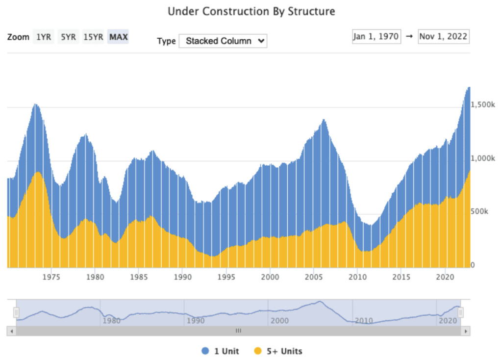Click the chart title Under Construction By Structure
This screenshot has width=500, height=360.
(251, 11)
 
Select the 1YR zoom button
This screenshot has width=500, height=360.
(43, 37)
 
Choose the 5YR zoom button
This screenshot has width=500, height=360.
(68, 37)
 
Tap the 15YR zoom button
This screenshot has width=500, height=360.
(93, 37)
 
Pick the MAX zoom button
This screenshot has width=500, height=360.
(118, 37)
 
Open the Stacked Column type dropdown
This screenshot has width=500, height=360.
(223, 41)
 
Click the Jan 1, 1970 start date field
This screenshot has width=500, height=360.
(376, 37)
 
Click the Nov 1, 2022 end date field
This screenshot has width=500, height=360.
(444, 37)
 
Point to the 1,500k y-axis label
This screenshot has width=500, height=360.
(483, 105)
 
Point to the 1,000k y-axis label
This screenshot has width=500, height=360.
(483, 159)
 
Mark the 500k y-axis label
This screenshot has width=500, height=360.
(480, 212)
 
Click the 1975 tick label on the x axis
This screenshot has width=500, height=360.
(51, 276)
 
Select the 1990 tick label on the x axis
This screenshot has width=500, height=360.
(182, 276)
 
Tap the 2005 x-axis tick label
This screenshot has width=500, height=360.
(314, 276)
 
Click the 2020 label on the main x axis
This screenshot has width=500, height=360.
(445, 276)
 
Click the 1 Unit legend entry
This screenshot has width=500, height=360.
(220, 351)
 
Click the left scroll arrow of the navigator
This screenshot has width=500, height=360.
(11, 331)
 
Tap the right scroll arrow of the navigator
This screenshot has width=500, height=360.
(466, 331)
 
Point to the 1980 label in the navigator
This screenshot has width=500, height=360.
(111, 321)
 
